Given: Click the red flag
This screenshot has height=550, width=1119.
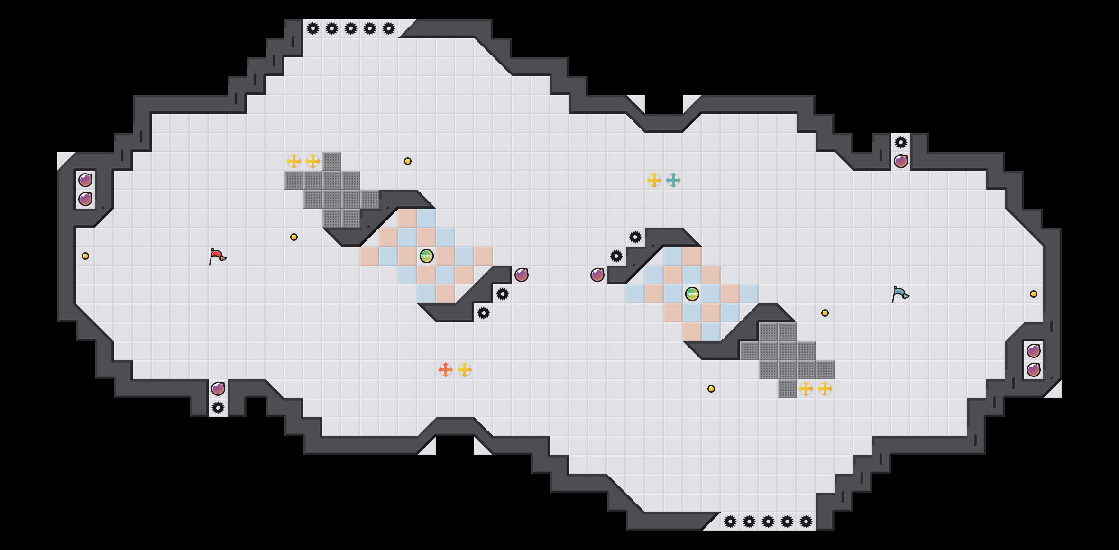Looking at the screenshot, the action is click(218, 257).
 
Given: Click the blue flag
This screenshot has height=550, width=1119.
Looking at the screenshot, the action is click(900, 294).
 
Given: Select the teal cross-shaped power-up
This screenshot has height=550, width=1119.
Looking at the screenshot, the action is click(673, 180).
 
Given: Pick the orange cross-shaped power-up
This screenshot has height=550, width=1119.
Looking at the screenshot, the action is click(446, 370).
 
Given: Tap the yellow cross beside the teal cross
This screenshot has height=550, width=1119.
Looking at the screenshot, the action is click(654, 180).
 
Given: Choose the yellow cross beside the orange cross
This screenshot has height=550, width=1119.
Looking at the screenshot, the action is click(465, 370).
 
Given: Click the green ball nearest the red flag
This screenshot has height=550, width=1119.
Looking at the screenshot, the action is click(427, 256).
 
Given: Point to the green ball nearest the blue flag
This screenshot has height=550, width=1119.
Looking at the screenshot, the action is click(692, 294).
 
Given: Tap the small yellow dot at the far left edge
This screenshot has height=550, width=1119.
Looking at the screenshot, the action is click(85, 256).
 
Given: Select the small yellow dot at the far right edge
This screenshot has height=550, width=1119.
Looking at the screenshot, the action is click(1034, 294).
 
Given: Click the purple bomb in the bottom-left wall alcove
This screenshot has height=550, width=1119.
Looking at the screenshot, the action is click(218, 389).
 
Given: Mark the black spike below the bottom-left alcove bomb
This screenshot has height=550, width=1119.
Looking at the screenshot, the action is click(218, 408).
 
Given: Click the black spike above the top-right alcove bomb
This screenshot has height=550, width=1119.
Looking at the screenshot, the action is click(901, 142).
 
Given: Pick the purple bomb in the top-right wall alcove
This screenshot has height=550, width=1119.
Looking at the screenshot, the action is click(901, 161).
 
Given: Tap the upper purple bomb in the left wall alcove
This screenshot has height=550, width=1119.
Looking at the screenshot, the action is click(85, 180).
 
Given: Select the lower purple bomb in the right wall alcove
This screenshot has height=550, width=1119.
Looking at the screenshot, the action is click(1034, 370).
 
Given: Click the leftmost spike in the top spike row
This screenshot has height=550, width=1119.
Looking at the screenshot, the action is click(313, 28).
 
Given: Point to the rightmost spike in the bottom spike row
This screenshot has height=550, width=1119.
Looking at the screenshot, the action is click(806, 522).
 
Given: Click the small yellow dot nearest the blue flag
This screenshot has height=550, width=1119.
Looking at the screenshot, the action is click(825, 313).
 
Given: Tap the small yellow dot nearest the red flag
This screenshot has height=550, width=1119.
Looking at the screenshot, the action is click(294, 237).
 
